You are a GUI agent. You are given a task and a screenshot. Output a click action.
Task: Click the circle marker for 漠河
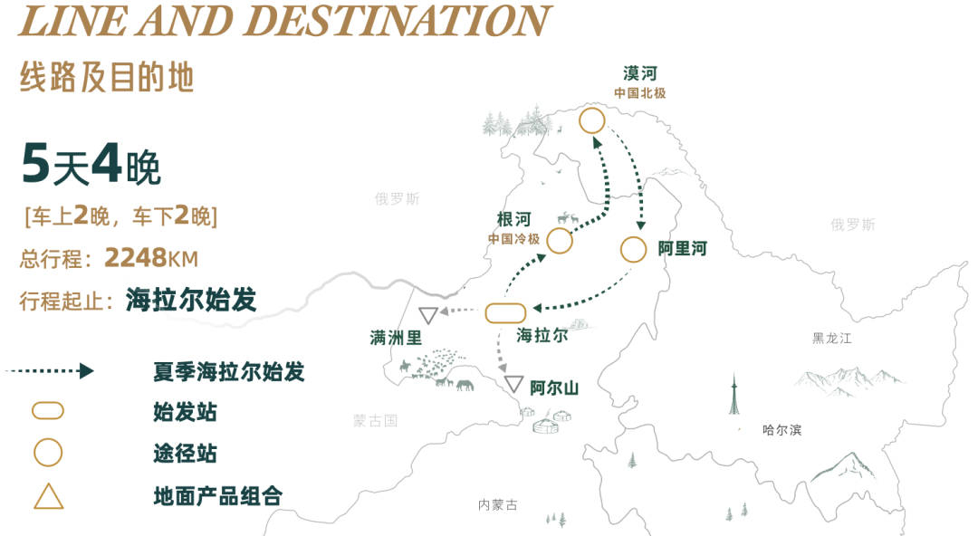(x=592, y=120)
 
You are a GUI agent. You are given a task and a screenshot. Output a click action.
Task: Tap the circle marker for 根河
(x=560, y=241)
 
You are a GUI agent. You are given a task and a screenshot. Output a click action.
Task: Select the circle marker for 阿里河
(x=634, y=248)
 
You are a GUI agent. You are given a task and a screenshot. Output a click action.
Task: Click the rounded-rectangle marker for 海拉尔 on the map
(x=505, y=313)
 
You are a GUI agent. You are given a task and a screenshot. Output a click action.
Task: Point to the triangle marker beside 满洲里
(x=427, y=314)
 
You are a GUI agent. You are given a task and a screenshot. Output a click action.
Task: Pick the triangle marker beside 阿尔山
(x=514, y=384)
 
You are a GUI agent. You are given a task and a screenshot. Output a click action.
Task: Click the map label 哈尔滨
(x=781, y=430)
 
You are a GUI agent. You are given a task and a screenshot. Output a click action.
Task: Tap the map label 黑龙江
(x=831, y=339)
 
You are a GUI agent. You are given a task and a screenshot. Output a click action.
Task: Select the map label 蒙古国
(x=376, y=420)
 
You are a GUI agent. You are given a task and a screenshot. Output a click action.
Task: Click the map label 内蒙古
(x=498, y=505)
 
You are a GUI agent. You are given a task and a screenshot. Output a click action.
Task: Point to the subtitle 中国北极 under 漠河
(x=639, y=93)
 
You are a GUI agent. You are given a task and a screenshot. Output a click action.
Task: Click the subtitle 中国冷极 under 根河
(x=513, y=239)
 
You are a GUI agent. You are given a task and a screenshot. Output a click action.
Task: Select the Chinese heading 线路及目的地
(x=107, y=78)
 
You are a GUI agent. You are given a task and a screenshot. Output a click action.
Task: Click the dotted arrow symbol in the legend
(x=49, y=371)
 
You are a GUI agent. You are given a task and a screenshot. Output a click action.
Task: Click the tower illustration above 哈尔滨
(x=735, y=396)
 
